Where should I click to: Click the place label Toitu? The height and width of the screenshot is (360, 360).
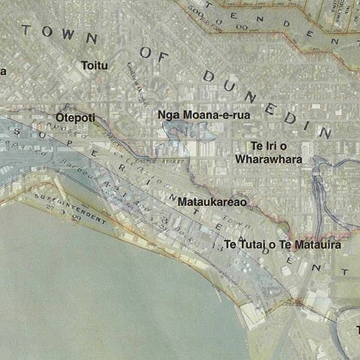pos(95,66)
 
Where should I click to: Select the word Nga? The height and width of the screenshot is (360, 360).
pos(166,114)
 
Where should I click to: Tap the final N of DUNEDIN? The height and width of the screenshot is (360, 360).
pos(324,132)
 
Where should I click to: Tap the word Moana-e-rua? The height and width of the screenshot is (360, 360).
pos(204,114)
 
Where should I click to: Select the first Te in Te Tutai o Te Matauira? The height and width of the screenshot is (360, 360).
pos(230,246)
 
